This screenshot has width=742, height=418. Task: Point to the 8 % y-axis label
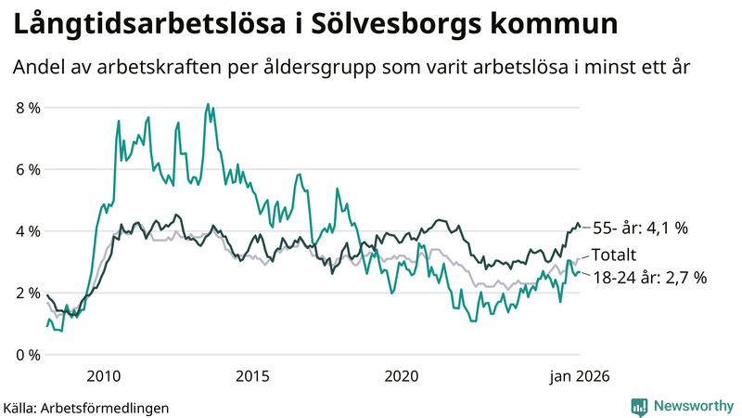(28, 108)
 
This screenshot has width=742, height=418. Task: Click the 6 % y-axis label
(28, 170)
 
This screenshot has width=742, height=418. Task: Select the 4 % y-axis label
(28, 231)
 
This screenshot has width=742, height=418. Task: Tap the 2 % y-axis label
(28, 294)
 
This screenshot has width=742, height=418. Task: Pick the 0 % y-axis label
(28, 355)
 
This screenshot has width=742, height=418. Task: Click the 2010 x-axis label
(103, 376)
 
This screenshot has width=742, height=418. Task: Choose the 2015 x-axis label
(252, 376)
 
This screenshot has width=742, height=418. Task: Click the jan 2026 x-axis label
(576, 376)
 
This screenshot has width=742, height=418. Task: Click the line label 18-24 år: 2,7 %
(649, 277)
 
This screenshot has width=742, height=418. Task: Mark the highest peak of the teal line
(208, 104)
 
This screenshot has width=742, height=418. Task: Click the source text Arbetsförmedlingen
(105, 407)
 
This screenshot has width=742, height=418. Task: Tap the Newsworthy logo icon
(639, 406)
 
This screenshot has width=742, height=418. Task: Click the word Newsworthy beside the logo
(691, 406)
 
